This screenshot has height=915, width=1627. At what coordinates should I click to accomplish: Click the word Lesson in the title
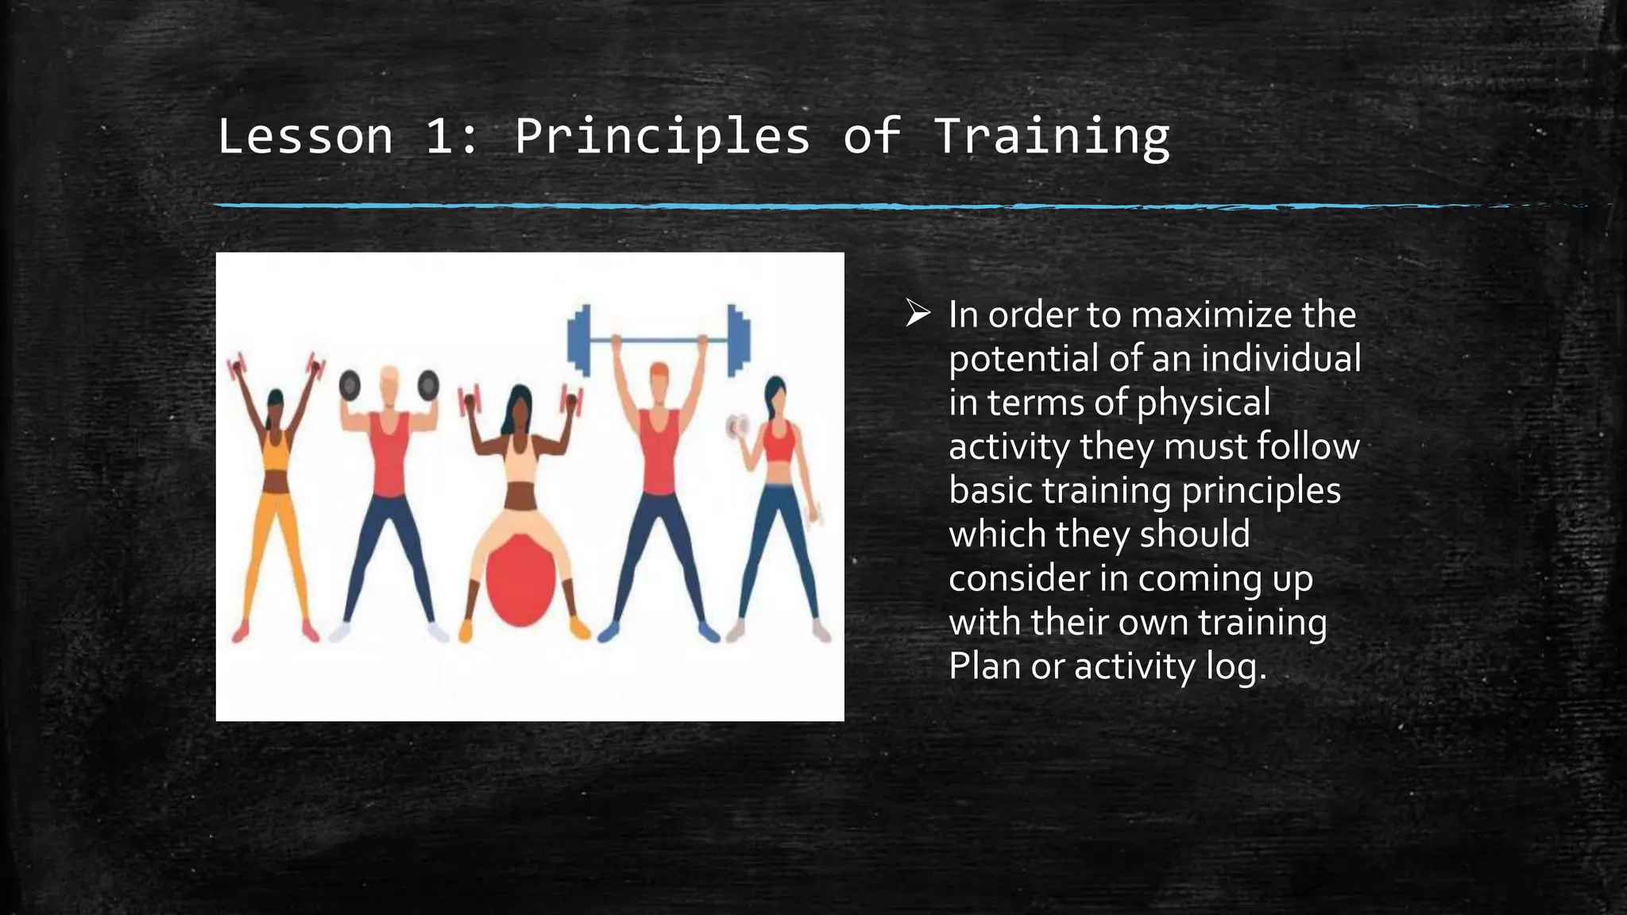pos(305,137)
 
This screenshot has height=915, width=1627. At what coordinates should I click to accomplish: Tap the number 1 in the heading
pos(439,137)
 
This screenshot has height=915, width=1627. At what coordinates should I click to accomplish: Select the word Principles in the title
pos(663,137)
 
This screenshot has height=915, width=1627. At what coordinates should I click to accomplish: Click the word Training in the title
pos(1051,137)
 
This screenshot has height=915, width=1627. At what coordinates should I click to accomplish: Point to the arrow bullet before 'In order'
pos(918,315)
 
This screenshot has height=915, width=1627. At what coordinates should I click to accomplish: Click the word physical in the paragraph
pos(1203,403)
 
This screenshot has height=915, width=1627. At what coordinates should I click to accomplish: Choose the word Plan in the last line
pos(984,666)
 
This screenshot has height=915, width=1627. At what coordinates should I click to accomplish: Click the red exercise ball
pos(520,581)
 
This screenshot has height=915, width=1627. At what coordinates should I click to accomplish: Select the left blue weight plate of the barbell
pos(580,340)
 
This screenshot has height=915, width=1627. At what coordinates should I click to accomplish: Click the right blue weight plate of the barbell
pos(738,340)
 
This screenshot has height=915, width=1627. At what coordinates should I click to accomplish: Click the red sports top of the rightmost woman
pos(779,442)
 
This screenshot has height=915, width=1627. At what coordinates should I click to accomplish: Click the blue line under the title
pos(794,206)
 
